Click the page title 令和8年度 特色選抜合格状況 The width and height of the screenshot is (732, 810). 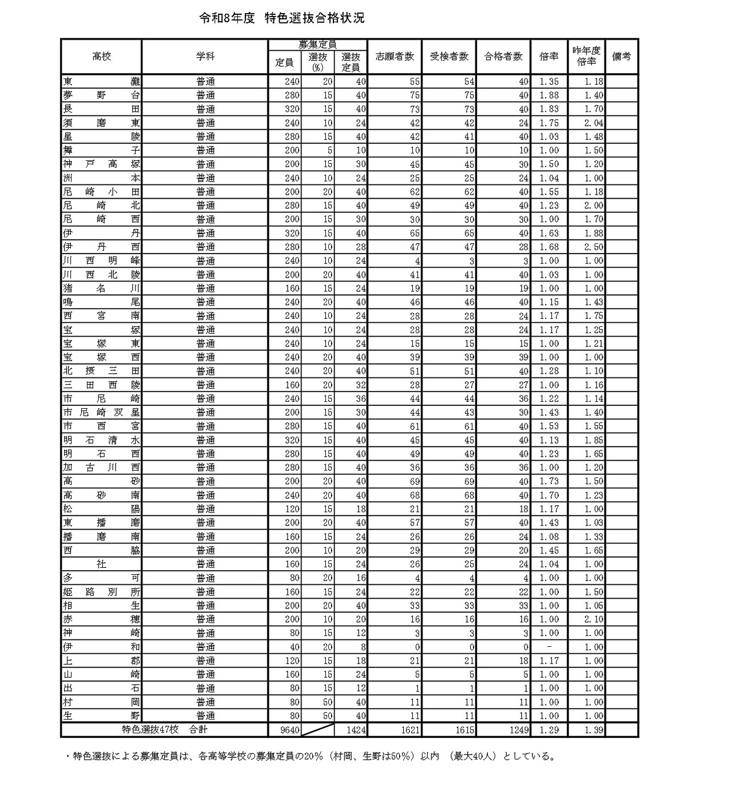pos(281,18)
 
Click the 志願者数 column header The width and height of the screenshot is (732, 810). pos(395,56)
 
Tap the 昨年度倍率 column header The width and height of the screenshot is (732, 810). pos(586,56)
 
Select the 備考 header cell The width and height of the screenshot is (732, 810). pos(621,56)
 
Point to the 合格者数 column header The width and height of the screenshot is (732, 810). pos(503,56)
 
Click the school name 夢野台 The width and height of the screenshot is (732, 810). pos(101,95)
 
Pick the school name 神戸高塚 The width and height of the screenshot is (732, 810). pos(101,164)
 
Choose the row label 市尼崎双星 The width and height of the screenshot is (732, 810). pos(101,413)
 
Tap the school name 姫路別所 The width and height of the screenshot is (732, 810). pos(101,592)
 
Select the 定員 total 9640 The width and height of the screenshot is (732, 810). pos(284,730)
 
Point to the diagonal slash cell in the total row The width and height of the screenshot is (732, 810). pos(318,730)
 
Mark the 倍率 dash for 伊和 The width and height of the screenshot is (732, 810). pos(549,647)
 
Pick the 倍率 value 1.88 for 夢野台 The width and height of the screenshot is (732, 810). pos(549,95)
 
